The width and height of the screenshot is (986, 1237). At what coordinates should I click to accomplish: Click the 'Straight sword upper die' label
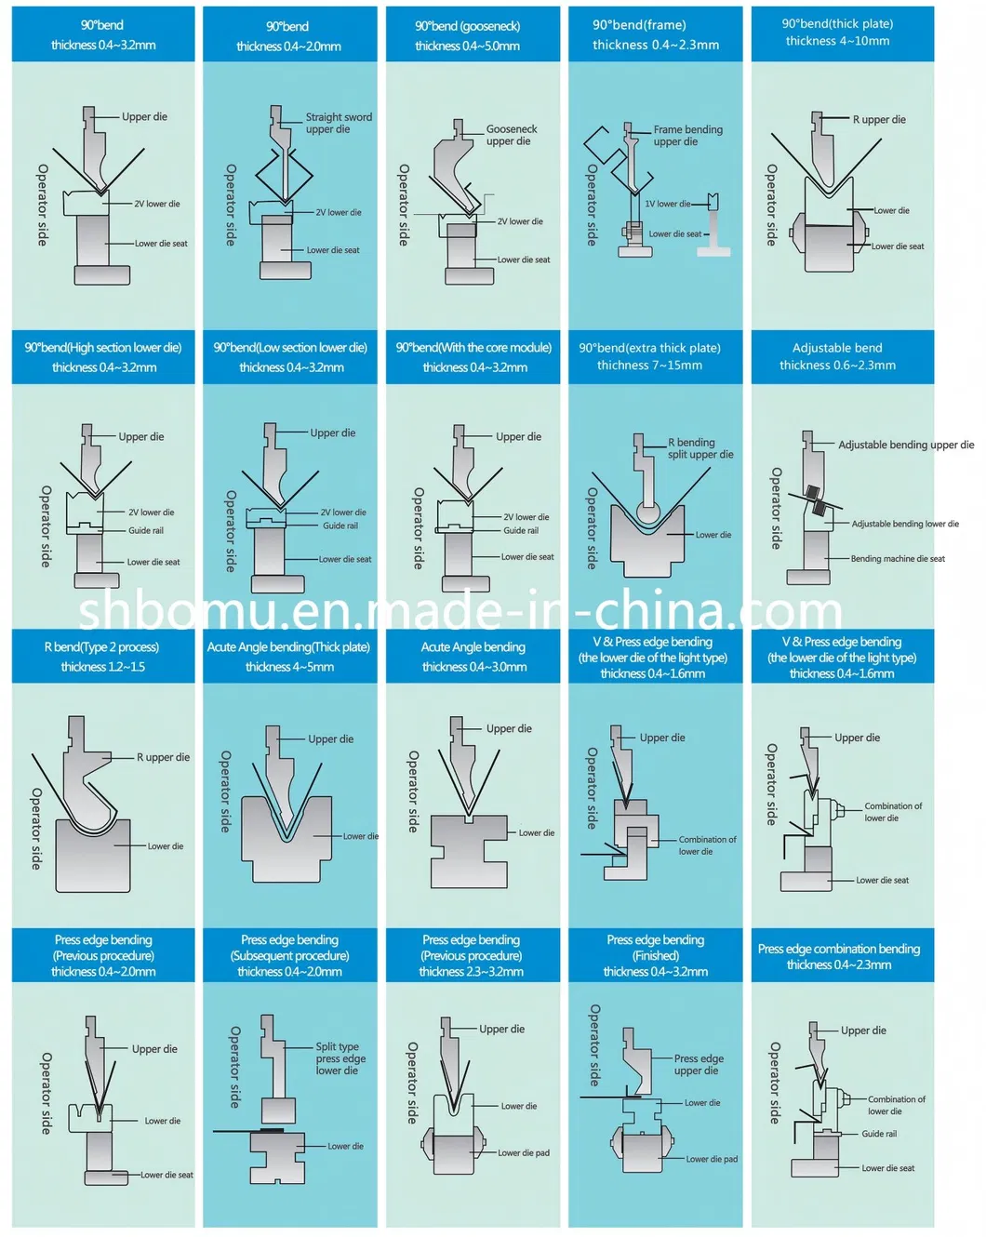click(339, 124)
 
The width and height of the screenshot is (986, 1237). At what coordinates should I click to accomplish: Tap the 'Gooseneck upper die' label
click(511, 135)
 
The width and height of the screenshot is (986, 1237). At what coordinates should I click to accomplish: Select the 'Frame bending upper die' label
click(686, 136)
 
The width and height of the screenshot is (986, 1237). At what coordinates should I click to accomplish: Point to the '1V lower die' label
click(667, 204)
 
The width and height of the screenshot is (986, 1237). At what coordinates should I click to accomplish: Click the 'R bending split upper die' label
click(700, 448)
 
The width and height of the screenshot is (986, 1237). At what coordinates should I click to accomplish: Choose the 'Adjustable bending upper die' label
click(905, 445)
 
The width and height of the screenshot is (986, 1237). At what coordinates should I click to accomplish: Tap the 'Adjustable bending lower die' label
click(904, 524)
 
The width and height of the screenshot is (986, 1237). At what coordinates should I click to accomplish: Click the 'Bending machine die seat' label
click(897, 559)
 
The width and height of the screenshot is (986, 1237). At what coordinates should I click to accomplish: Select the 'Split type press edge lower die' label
click(340, 1058)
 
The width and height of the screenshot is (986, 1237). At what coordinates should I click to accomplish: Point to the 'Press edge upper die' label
click(698, 1065)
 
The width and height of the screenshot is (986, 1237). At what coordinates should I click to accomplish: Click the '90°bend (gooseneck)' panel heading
click(468, 26)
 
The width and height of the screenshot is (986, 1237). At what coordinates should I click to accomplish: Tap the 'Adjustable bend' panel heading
click(837, 348)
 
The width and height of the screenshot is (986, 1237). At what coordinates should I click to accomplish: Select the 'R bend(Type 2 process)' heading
click(101, 647)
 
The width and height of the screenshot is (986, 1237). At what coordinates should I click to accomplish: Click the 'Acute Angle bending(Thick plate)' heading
click(288, 647)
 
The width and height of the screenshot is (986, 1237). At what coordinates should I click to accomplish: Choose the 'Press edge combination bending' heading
click(838, 949)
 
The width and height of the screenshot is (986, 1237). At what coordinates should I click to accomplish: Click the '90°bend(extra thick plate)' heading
click(649, 348)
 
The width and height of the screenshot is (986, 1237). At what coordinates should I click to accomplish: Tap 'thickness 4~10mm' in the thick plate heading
click(837, 41)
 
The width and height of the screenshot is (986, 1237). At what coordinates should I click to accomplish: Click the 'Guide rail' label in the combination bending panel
click(878, 1134)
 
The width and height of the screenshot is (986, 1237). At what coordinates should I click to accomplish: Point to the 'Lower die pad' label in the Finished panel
click(711, 1159)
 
